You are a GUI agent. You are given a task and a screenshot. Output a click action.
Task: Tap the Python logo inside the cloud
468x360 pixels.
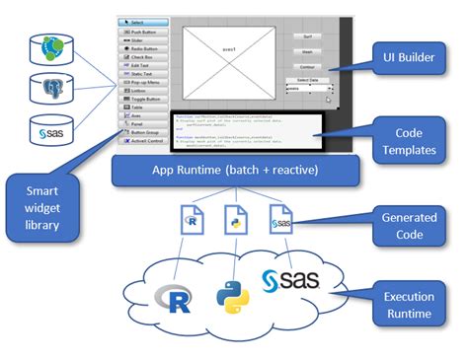(234, 297)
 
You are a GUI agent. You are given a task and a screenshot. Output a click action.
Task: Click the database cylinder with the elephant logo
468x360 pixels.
(50, 89)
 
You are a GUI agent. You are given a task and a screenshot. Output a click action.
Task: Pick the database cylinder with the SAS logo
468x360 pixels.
(50, 131)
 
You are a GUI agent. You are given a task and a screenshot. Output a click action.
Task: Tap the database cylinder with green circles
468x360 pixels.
(50, 46)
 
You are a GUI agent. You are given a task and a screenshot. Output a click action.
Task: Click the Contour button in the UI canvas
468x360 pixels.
(307, 66)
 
